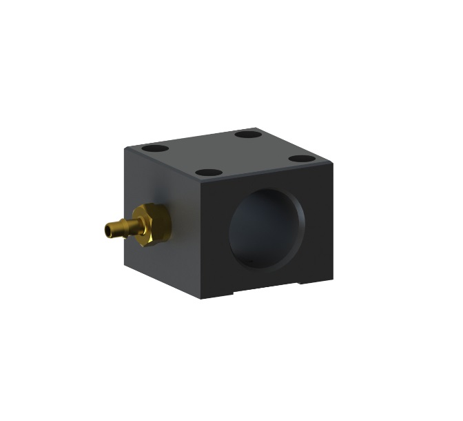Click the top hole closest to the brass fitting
152,148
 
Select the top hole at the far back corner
245,133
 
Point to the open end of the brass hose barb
107,228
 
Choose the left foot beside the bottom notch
216,294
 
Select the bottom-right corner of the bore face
333,276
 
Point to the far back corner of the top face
256,127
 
